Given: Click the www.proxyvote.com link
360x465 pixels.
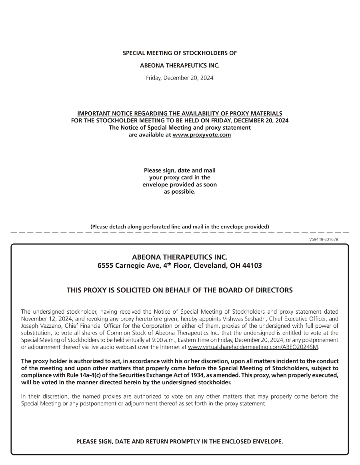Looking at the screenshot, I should [x=202, y=135].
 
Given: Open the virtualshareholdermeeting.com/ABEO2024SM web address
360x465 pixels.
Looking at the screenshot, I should [x=253, y=347].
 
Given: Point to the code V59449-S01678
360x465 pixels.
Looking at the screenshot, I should [x=324, y=239].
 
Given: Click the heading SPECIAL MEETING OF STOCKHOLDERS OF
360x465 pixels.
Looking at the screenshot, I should [x=180, y=53].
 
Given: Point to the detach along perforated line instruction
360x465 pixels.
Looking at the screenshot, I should [x=180, y=226].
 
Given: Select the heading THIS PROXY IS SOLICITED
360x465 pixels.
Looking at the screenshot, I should [x=180, y=290].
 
